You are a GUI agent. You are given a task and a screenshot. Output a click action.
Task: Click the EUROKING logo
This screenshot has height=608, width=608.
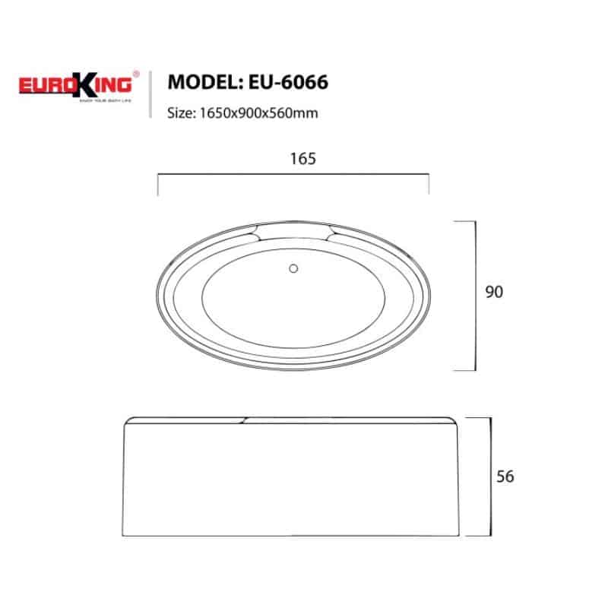pos(75,83)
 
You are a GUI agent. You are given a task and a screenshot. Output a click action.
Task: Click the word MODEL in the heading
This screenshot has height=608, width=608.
pos(198,82)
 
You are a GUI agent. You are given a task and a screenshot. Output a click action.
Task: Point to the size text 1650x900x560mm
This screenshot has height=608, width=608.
pos(258,113)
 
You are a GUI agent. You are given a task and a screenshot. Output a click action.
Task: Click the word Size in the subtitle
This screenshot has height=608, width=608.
pos(180,113)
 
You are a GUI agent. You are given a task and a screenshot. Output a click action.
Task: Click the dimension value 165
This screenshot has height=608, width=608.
pos(293,159)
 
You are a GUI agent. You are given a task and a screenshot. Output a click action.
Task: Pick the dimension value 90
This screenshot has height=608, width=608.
pos(494,292)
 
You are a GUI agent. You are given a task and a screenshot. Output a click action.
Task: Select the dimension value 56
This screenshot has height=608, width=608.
pos(505,477)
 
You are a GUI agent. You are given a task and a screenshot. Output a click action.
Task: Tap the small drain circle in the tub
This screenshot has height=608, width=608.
pos(293,267)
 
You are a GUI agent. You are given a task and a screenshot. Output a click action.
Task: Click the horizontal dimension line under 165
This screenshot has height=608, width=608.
pos(293,175)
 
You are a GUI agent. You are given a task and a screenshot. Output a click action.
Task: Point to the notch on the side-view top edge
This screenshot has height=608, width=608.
pos(242,419)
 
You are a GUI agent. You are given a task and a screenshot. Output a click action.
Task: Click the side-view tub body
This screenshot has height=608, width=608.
pos(293,479)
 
